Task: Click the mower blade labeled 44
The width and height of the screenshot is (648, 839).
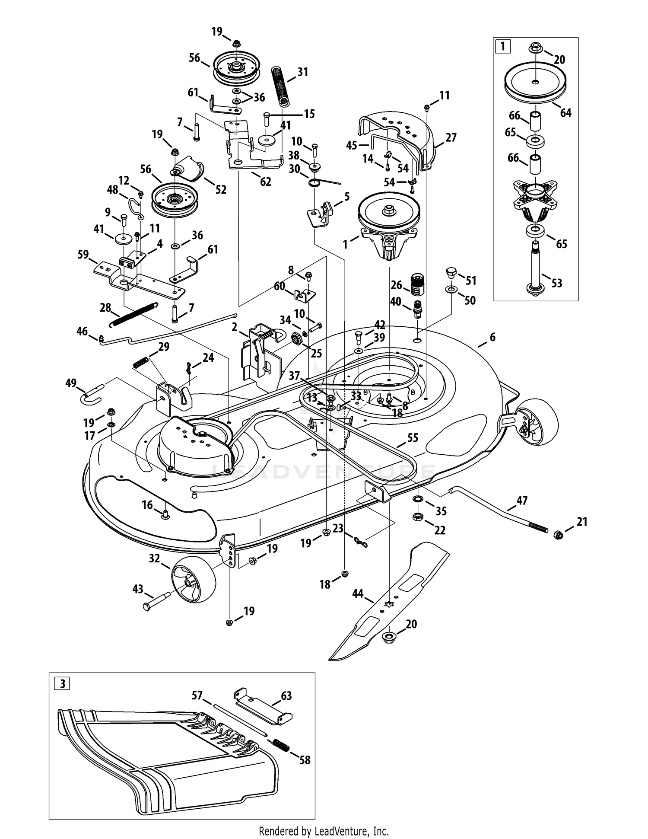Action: point(389,603)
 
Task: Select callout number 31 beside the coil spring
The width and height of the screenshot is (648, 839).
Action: point(303,72)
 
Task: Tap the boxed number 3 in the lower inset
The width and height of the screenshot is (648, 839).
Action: point(63,684)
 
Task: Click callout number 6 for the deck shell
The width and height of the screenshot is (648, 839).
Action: point(492,337)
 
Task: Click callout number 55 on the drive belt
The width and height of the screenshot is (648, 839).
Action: point(413,438)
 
